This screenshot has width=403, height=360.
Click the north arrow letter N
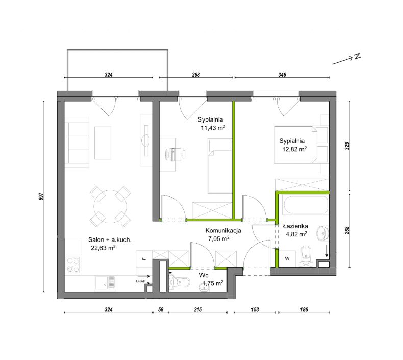[x=357, y=56]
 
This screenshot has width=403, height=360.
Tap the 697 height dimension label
[x=42, y=196]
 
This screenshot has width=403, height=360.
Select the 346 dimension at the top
[x=282, y=75]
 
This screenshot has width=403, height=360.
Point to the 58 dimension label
[x=161, y=310]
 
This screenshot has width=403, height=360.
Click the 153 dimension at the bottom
[x=255, y=310]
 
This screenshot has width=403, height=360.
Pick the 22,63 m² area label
[x=103, y=248]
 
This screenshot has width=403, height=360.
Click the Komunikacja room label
[x=223, y=231]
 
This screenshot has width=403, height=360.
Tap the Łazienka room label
[x=295, y=226]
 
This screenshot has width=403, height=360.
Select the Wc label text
[x=204, y=275]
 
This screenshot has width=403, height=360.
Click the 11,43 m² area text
[x=213, y=128]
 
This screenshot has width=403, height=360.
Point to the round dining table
[x=110, y=207]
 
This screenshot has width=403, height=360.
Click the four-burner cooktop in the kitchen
[x=73, y=266]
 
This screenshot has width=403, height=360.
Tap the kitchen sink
[x=105, y=282]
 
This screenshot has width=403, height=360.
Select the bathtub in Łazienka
[x=305, y=205]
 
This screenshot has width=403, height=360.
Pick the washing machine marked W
[x=287, y=258]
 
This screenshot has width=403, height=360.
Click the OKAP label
[x=141, y=281]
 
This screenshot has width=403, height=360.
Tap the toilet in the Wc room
[x=181, y=282]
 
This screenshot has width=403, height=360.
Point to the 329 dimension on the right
[x=347, y=146]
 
